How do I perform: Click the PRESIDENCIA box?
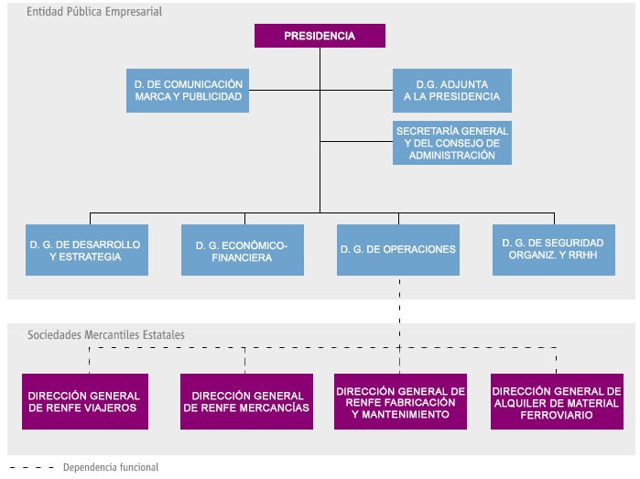point(320,36)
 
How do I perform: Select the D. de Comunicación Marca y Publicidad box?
point(188,90)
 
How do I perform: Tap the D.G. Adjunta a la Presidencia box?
point(451,90)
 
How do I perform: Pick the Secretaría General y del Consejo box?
point(451,142)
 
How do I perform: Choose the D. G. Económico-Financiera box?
point(242,250)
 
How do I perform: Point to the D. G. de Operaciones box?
point(397,250)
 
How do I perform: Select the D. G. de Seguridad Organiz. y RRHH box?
point(552,250)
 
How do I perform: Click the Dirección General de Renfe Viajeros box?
point(88,402)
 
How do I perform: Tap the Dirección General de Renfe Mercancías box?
point(245,402)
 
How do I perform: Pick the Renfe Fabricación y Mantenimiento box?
point(400,402)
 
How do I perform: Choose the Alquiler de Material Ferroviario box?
point(556,402)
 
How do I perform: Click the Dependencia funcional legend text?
point(105,467)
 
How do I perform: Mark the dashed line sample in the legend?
point(33,467)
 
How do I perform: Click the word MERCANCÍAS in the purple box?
point(272,408)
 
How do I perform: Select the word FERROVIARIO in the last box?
point(556,415)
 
